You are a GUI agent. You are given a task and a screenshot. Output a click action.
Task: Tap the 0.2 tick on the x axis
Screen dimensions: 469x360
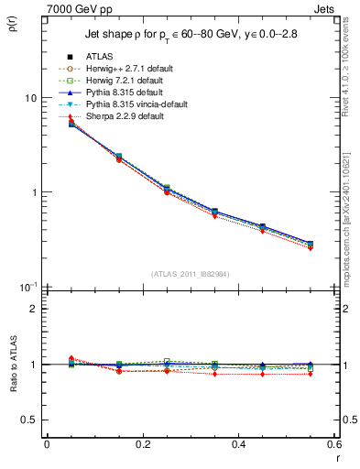tap(142, 445)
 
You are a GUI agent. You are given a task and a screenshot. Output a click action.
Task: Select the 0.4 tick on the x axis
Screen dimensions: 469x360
tap(238, 445)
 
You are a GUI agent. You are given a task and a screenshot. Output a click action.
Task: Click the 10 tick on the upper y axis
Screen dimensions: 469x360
tap(30, 98)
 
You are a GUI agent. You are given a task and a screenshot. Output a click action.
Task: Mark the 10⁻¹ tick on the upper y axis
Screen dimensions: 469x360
tap(28, 287)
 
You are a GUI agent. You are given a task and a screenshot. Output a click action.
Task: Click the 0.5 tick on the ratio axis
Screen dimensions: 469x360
tap(30, 420)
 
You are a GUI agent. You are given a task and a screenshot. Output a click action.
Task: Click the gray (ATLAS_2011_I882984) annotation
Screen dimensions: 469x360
tap(190, 274)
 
